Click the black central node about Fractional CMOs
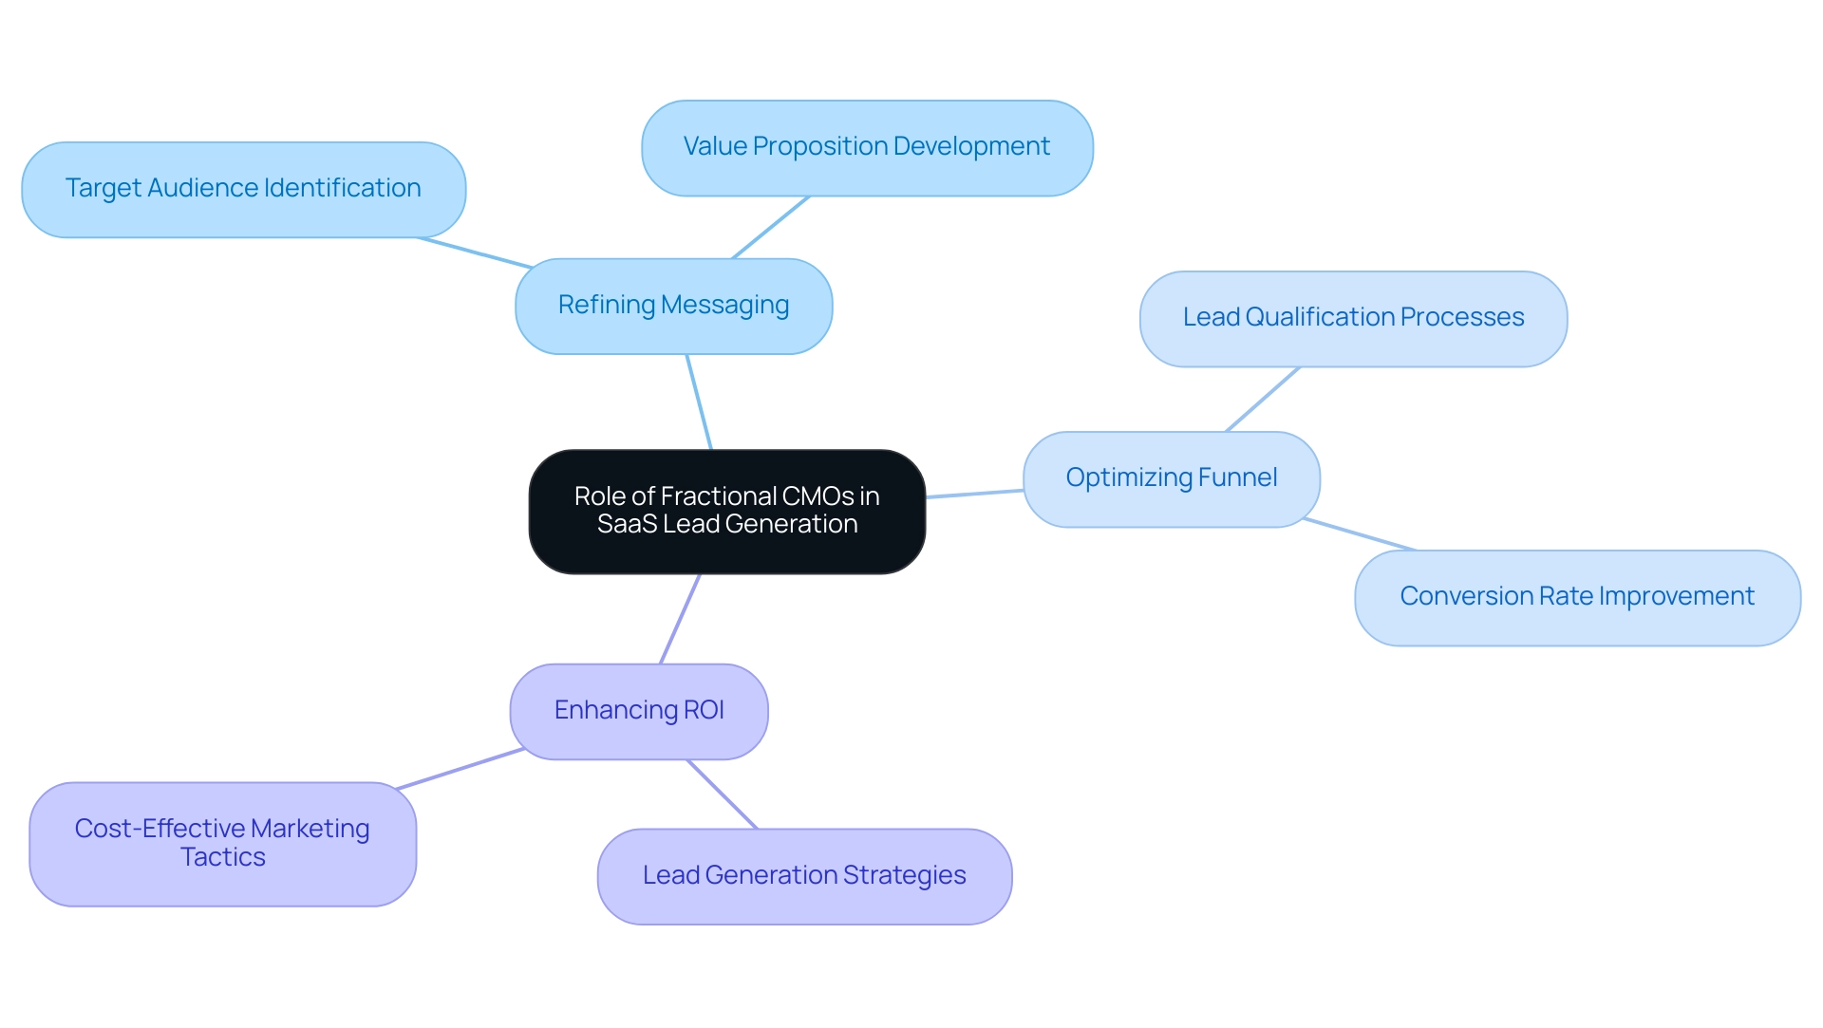coord(726,512)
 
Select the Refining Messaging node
coord(673,306)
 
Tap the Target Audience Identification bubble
coord(243,189)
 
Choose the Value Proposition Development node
coord(866,147)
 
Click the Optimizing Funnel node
coord(1171,478)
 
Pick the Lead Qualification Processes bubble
coord(1352,318)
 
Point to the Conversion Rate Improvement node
coord(1576,597)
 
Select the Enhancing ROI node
coord(638,711)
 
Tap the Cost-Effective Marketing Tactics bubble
coord(222,843)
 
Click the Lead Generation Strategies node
coord(803,875)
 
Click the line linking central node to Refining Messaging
coord(699,402)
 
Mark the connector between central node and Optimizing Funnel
coord(974,494)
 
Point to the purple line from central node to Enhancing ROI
coord(680,619)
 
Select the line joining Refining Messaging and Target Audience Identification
coord(474,252)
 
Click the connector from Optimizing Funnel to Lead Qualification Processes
coord(1262,400)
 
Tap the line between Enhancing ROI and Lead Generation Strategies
coord(723,794)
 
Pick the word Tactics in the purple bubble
coord(222,857)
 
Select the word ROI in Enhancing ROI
coord(704,711)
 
